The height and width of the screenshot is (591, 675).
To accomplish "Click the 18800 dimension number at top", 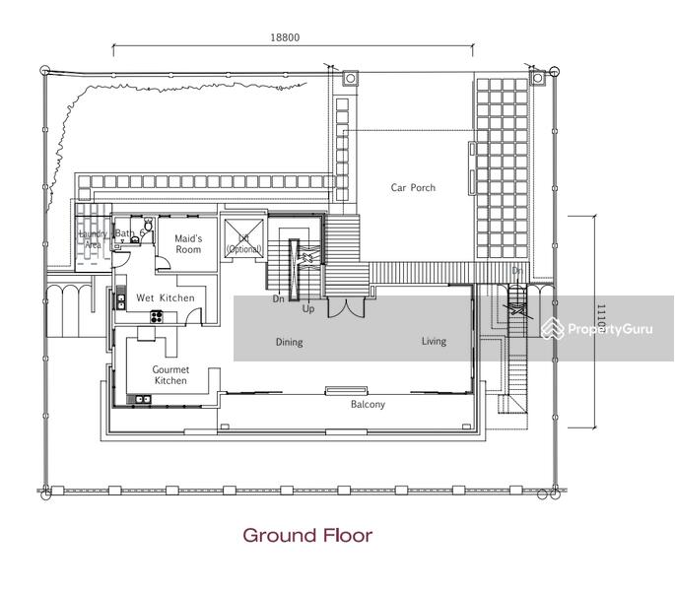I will pos(285,37).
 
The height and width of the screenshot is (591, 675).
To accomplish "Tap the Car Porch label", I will pos(413,188).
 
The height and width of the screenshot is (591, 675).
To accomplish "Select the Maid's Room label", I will pos(188,244).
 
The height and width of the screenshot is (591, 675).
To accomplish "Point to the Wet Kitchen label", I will pos(165,297).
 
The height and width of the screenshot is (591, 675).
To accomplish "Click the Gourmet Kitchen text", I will pos(169,374).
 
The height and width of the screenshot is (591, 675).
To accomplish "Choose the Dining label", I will pos(289,343).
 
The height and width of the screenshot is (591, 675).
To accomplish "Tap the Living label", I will pos(434,342).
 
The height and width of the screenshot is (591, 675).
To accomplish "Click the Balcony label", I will pos(369,405).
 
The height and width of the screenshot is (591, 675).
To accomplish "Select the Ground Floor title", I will pos(307,536).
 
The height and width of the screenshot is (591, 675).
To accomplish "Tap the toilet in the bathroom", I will pos(147,229).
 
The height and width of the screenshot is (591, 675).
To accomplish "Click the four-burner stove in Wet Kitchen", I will pos(155,316).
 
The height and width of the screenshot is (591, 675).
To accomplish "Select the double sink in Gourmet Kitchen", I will pos(142,398).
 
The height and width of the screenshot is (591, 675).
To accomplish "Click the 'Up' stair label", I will pos(308,309).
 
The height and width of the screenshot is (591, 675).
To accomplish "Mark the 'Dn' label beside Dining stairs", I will pos(280,298).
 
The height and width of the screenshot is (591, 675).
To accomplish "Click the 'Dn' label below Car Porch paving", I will pos(517,270).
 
